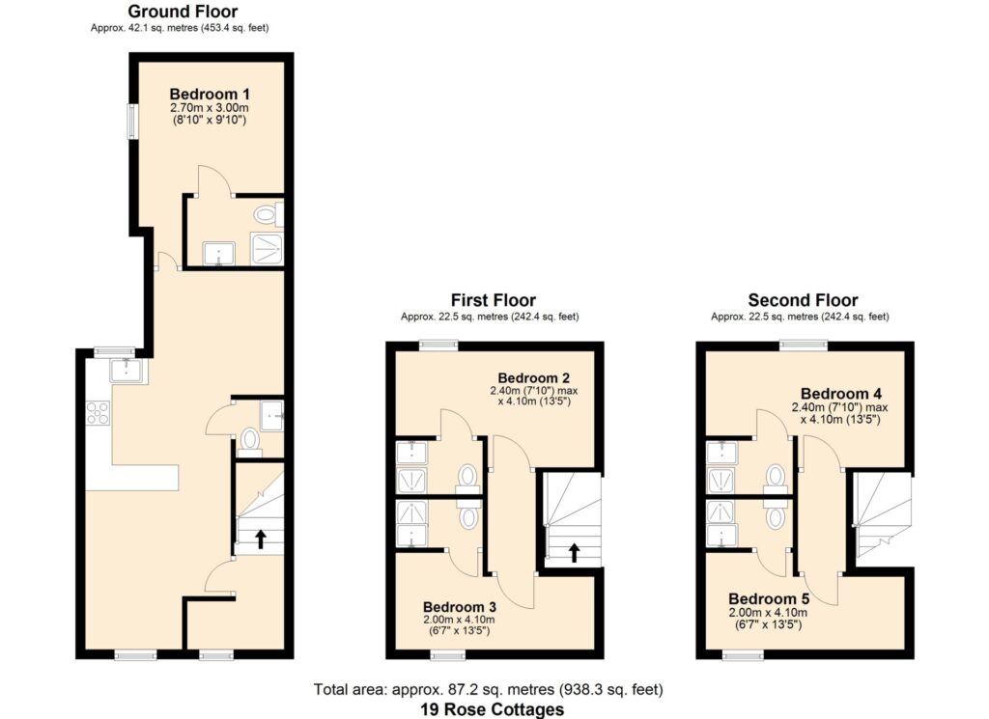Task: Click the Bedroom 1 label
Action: coord(210,94)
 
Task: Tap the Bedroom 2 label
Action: coord(533,377)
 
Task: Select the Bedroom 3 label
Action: coord(459,607)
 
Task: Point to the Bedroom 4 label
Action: coord(841,394)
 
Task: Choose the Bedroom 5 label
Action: coord(768,598)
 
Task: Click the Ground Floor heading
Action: coord(183,12)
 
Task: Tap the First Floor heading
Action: coord(494,300)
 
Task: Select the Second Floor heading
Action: coord(803,300)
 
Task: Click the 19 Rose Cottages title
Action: coord(492,709)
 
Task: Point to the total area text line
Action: coord(488,689)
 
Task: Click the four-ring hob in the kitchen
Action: coord(98,413)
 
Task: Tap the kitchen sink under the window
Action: coord(128,371)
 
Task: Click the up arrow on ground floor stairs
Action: coord(260,539)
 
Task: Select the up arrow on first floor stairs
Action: coord(574,553)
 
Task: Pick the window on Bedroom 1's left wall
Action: coord(132,122)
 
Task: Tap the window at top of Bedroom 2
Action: coord(439,345)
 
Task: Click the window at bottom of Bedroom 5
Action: coord(743,655)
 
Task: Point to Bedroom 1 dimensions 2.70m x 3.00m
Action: coord(210,108)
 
